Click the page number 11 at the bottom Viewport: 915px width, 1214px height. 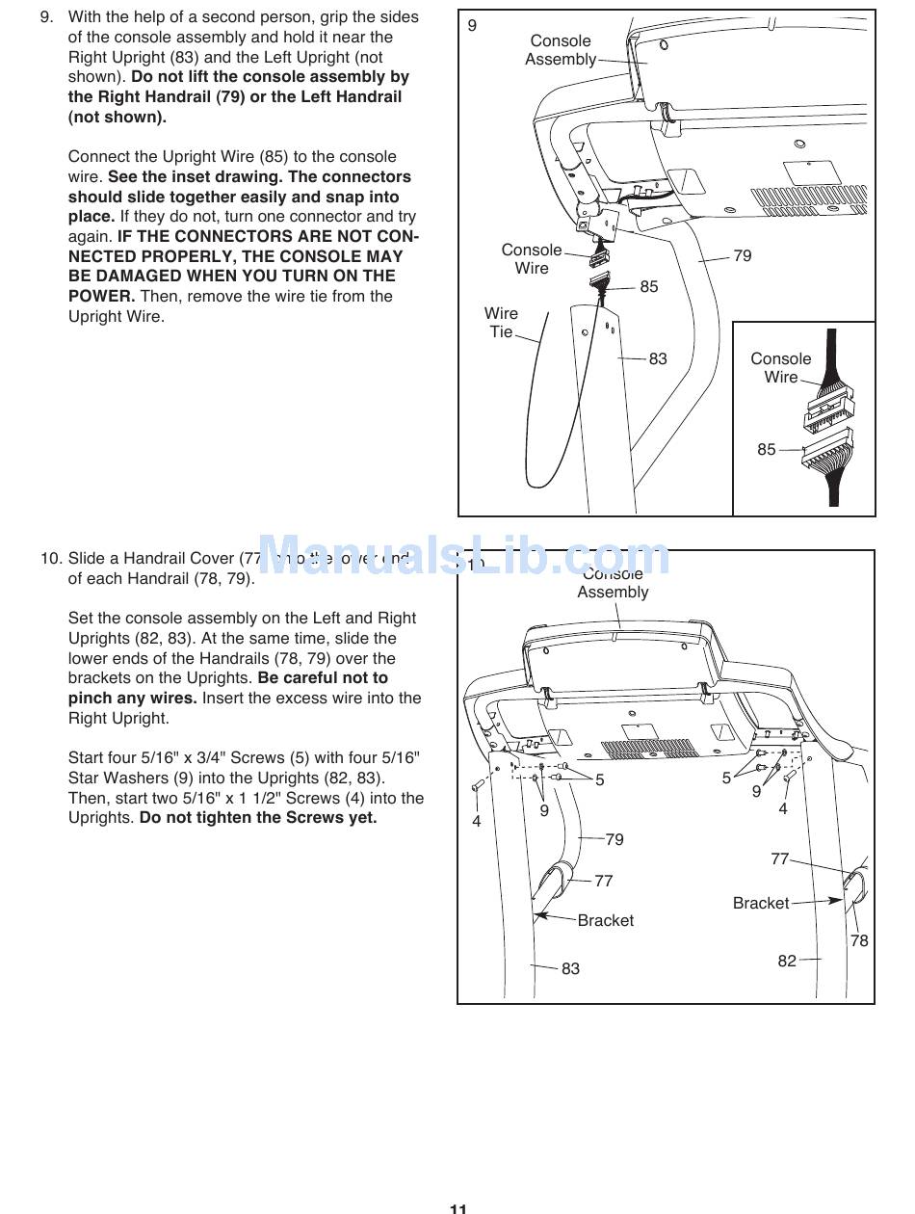(457, 1206)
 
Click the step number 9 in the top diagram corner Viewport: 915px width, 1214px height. (472, 26)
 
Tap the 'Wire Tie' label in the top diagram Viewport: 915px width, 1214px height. (501, 323)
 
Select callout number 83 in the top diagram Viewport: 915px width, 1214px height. (658, 358)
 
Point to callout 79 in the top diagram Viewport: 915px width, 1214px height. (743, 255)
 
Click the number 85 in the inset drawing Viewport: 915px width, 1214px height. (766, 449)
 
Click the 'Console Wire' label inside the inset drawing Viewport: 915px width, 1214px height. (781, 368)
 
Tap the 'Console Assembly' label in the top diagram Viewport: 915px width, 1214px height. (561, 50)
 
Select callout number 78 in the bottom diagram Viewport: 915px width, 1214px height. (859, 940)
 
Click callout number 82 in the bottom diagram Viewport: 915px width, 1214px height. (787, 961)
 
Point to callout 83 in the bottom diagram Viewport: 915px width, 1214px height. (570, 968)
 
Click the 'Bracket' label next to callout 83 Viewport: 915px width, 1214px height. (606, 920)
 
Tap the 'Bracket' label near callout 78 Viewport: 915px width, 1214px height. (761, 903)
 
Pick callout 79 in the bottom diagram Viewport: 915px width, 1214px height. (614, 839)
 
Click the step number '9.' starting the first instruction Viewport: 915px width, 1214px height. (46, 17)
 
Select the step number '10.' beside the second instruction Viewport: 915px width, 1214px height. (51, 558)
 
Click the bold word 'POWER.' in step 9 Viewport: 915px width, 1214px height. (101, 296)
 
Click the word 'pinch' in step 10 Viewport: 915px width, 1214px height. (90, 698)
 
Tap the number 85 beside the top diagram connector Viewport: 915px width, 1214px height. (649, 286)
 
